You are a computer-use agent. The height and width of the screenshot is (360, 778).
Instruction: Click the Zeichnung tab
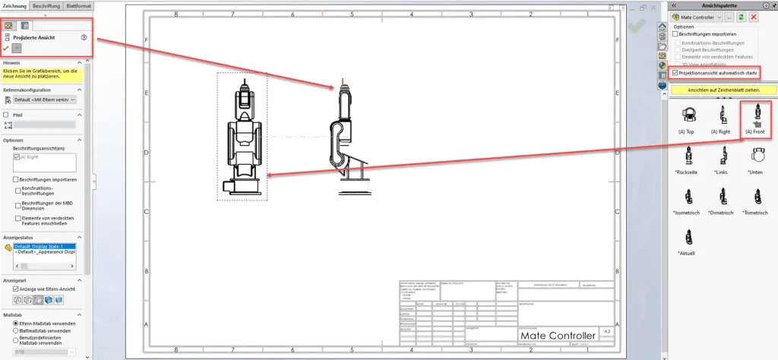click(15, 6)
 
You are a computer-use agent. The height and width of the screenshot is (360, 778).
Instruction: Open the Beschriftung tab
click(47, 6)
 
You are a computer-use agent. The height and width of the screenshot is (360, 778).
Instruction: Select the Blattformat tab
click(79, 6)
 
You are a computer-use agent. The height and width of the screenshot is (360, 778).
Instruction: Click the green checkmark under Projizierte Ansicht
click(7, 47)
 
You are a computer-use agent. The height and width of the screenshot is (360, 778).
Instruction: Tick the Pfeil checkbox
click(7, 115)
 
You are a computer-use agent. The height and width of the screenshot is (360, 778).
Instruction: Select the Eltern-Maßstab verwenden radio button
click(15, 324)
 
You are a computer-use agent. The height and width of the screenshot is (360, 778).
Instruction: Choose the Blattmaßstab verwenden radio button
click(15, 331)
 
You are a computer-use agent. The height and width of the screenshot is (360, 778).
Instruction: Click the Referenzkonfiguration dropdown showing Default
click(44, 99)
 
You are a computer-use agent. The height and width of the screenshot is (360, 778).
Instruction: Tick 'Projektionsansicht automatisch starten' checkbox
click(676, 73)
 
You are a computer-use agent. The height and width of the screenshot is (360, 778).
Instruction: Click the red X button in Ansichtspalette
click(754, 17)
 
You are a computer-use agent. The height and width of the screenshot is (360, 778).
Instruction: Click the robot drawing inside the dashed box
click(242, 137)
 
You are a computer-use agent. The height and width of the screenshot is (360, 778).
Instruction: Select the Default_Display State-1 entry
click(43, 248)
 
